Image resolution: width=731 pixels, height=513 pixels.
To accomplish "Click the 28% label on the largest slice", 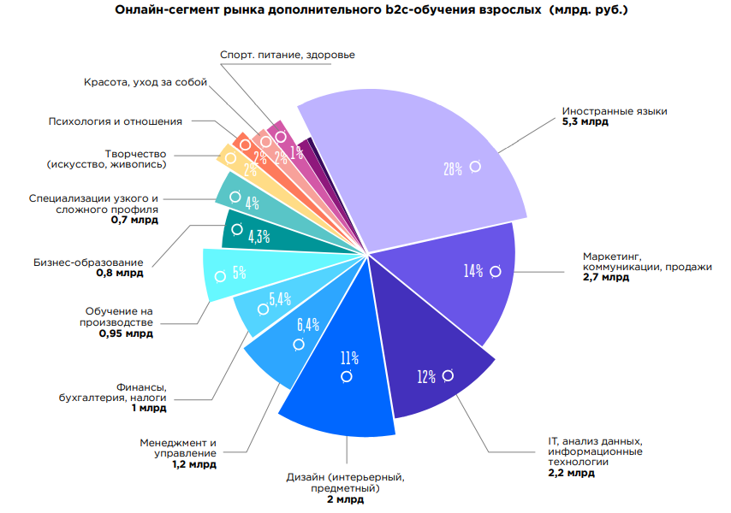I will pyautogui.click(x=453, y=169).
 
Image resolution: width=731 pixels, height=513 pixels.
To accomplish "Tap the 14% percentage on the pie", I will pyautogui.click(x=473, y=271).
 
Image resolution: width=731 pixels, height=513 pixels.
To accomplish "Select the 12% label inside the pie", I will pyautogui.click(x=426, y=376).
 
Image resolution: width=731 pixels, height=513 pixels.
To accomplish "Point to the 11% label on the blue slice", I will pyautogui.click(x=348, y=357).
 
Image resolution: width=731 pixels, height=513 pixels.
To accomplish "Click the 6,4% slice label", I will pyautogui.click(x=307, y=325).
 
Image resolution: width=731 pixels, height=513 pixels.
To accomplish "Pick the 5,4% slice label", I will pyautogui.click(x=280, y=298).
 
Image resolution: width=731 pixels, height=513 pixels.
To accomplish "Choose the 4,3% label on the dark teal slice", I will pyautogui.click(x=259, y=236).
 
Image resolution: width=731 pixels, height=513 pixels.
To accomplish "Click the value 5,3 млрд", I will pyautogui.click(x=585, y=123).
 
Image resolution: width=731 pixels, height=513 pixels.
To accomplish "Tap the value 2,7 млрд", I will pyautogui.click(x=605, y=278).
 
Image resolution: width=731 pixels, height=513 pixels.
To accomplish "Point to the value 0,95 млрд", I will pyautogui.click(x=127, y=333).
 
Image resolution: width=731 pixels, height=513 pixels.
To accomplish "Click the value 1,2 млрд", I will pyautogui.click(x=193, y=464).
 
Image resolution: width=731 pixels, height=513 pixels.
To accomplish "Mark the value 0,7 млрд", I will pyautogui.click(x=134, y=220).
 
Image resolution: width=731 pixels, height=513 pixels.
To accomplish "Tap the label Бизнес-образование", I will pyautogui.click(x=89, y=262).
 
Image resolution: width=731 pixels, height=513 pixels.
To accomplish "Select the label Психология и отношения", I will pyautogui.click(x=116, y=121).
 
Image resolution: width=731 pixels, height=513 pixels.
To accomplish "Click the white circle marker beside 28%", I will pyautogui.click(x=475, y=167).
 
